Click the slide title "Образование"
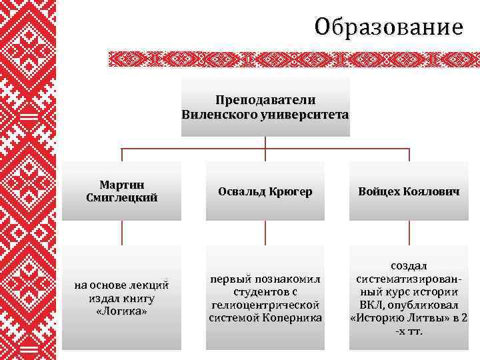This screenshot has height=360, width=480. tap(389, 27)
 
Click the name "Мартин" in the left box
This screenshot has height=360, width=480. tap(122, 184)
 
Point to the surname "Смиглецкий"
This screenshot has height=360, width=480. tap(122, 197)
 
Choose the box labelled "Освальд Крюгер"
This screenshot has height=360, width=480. tap(265, 191)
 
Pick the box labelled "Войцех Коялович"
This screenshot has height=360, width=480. tap(409, 191)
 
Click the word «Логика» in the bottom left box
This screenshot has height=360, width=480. tap(122, 311)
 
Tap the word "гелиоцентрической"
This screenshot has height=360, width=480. tap(265, 305)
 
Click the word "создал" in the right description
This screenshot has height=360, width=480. tap(409, 266)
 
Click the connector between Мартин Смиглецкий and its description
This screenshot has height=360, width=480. tap(122, 233)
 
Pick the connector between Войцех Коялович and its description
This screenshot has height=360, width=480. tap(409, 233)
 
